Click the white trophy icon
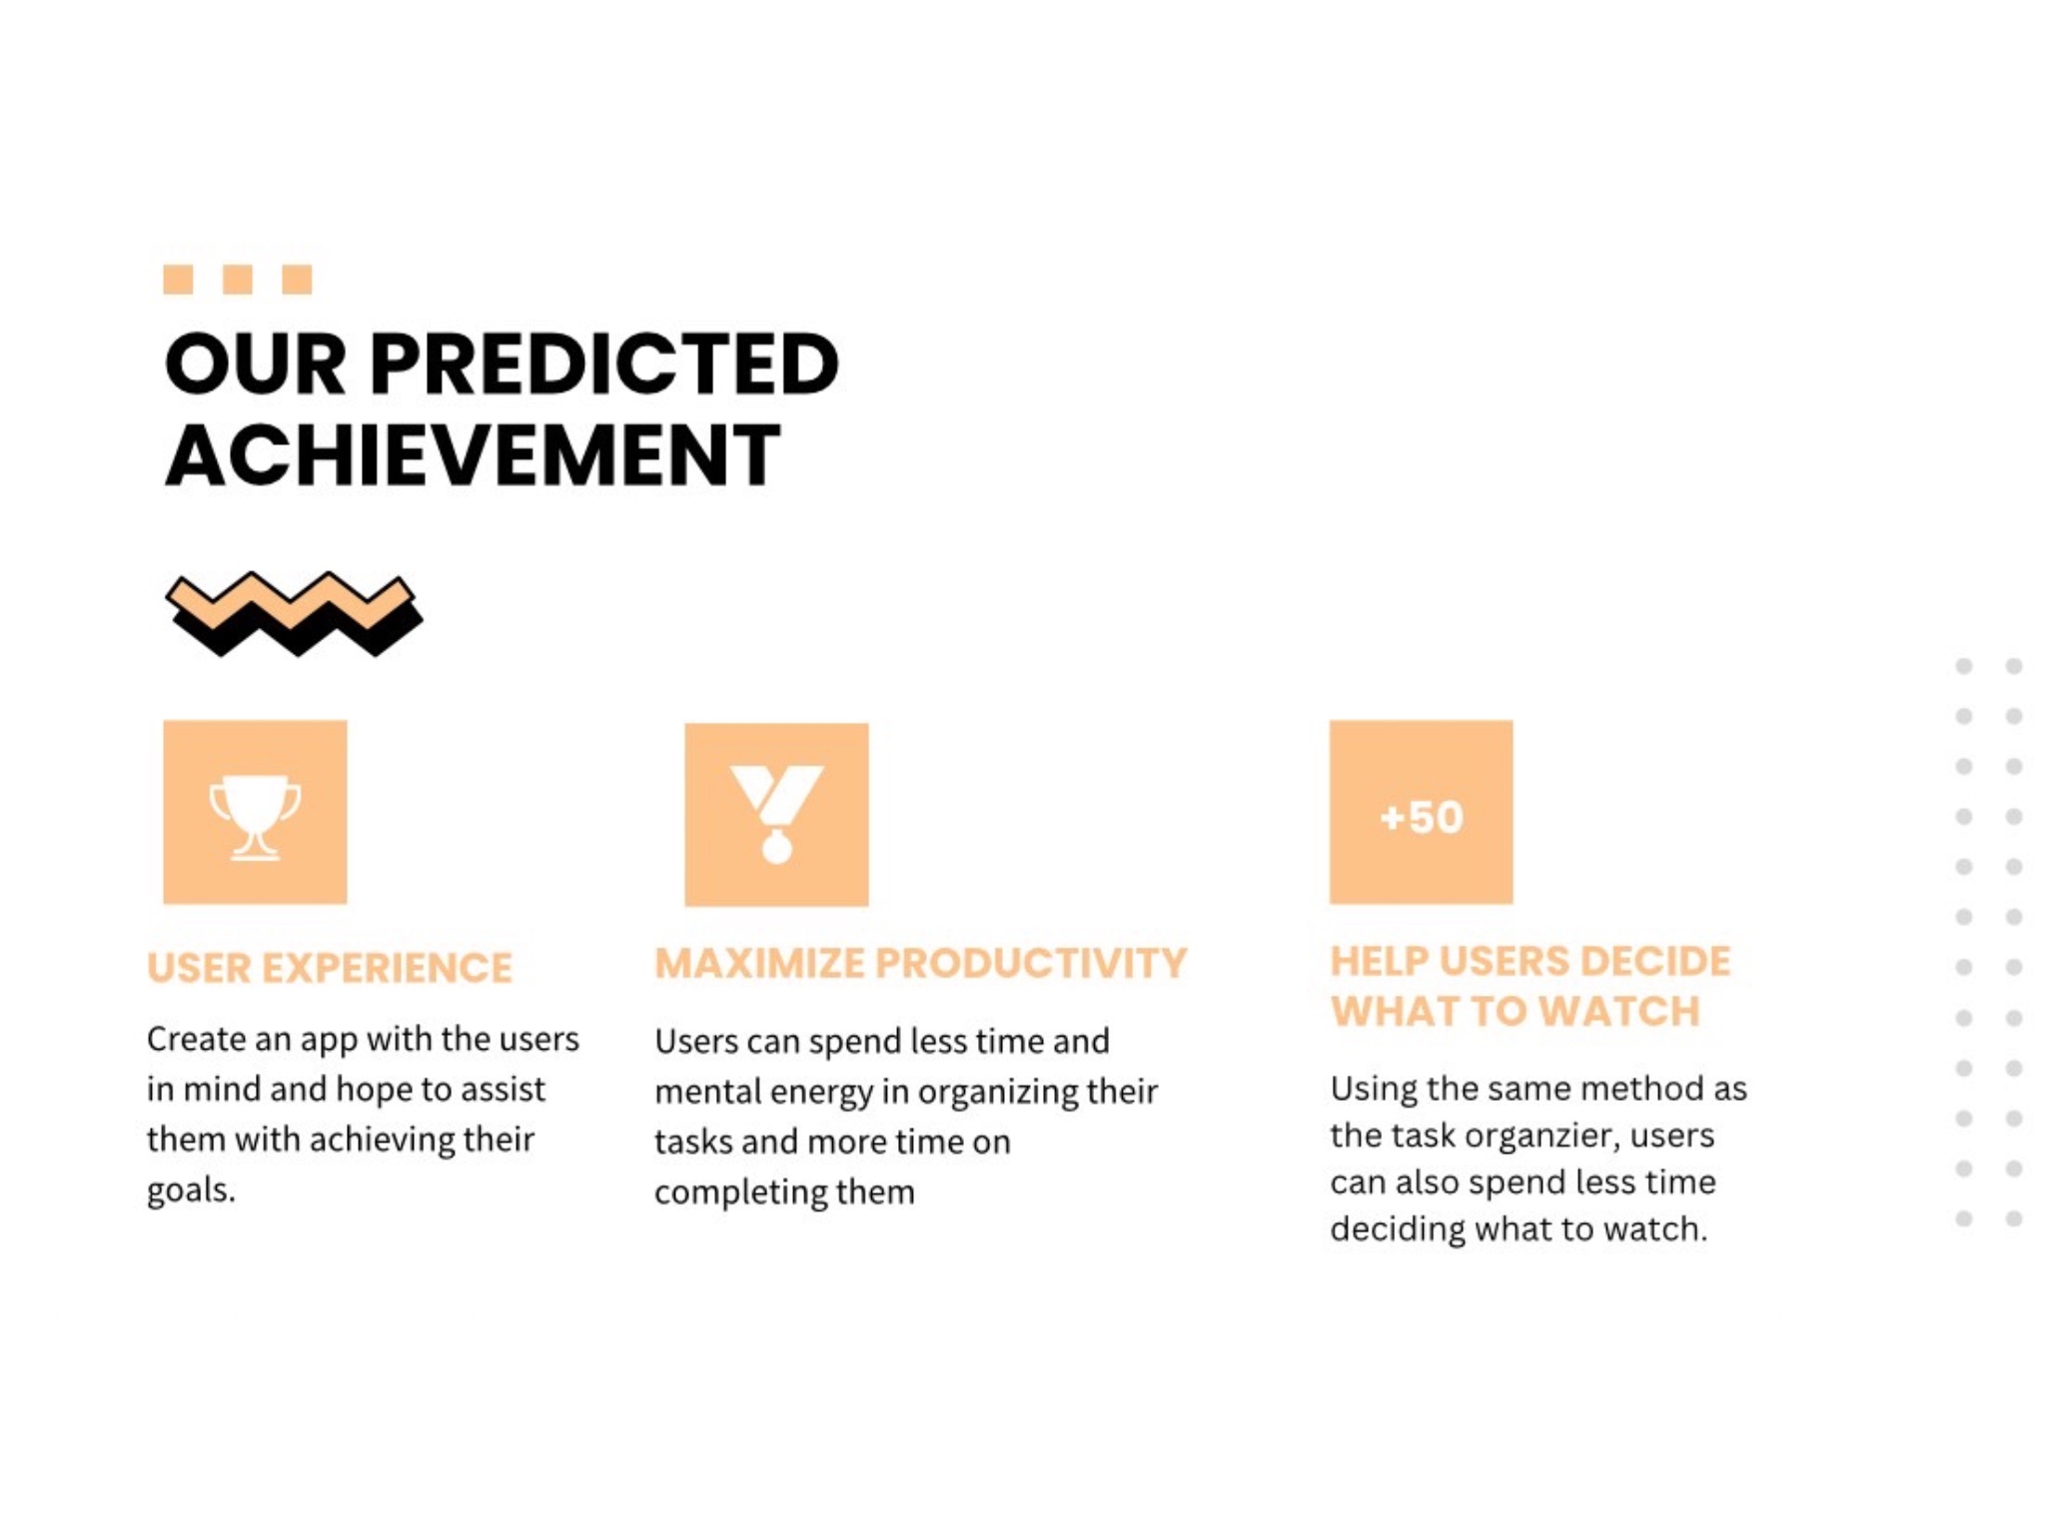pyautogui.click(x=255, y=817)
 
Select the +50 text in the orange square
pyautogui.click(x=1422, y=817)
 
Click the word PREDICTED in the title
pyautogui.click(x=604, y=364)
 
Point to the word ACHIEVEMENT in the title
pyautogui.click(x=473, y=454)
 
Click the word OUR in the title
pyautogui.click(x=256, y=364)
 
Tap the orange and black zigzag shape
pyautogui.click(x=294, y=614)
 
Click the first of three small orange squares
pyautogui.click(x=178, y=280)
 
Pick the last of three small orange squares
pyautogui.click(x=297, y=280)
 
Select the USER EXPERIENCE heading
pyautogui.click(x=330, y=968)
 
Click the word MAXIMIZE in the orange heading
pyautogui.click(x=759, y=963)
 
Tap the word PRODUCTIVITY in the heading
pyautogui.click(x=1031, y=963)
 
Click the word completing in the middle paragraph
pyautogui.click(x=733, y=1192)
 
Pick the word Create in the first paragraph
pyautogui.click(x=197, y=1040)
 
